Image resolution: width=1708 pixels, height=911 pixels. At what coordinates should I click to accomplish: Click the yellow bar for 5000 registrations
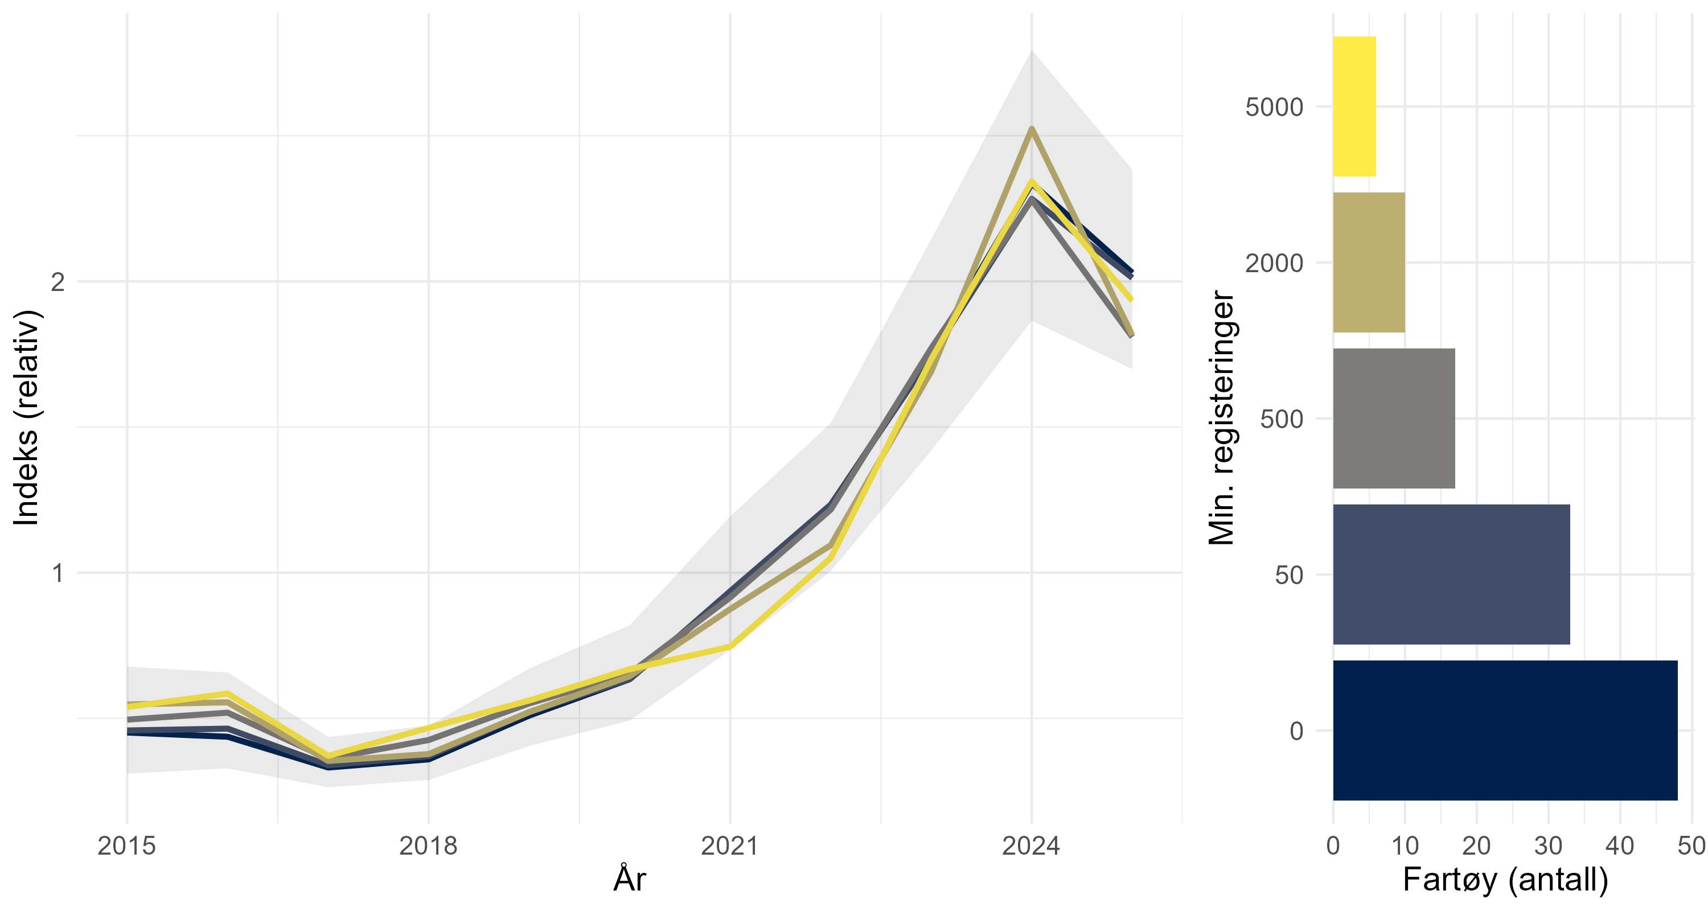pos(1354,106)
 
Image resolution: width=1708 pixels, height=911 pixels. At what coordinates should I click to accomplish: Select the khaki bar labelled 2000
pos(1369,262)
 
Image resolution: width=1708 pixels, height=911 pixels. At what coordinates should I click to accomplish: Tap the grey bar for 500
pos(1394,418)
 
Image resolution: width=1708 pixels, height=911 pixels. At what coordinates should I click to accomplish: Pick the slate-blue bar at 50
pos(1451,574)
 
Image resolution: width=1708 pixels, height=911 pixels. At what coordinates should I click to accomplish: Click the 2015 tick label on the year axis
pos(126,846)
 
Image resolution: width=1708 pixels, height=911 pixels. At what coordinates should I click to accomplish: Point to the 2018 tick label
pos(428,846)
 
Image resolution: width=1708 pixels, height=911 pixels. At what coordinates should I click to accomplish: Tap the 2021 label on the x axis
pos(729,846)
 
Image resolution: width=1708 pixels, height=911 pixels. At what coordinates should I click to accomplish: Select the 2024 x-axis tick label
pos(1031,846)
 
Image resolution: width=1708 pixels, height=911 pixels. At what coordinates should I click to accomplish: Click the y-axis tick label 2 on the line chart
pos(58,282)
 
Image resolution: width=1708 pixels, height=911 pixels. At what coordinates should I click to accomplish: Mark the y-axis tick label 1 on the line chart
pos(58,573)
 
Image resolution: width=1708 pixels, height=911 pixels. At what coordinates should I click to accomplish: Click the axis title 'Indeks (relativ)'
pos(27,418)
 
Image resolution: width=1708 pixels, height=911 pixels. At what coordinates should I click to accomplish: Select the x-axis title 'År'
pos(629,879)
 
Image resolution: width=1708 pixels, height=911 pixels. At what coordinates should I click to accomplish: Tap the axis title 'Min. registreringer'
pos(1221,418)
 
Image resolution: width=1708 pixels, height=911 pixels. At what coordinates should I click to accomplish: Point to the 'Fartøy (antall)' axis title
pos(1505,879)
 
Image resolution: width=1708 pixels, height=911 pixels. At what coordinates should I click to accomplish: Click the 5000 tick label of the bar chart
pos(1274,106)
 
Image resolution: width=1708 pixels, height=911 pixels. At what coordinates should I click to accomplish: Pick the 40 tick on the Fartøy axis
pos(1620,846)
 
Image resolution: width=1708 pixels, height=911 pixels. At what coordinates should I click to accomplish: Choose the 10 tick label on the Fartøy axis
pos(1405,846)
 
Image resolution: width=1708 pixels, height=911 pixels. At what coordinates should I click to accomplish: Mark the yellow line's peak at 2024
pos(1032,181)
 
